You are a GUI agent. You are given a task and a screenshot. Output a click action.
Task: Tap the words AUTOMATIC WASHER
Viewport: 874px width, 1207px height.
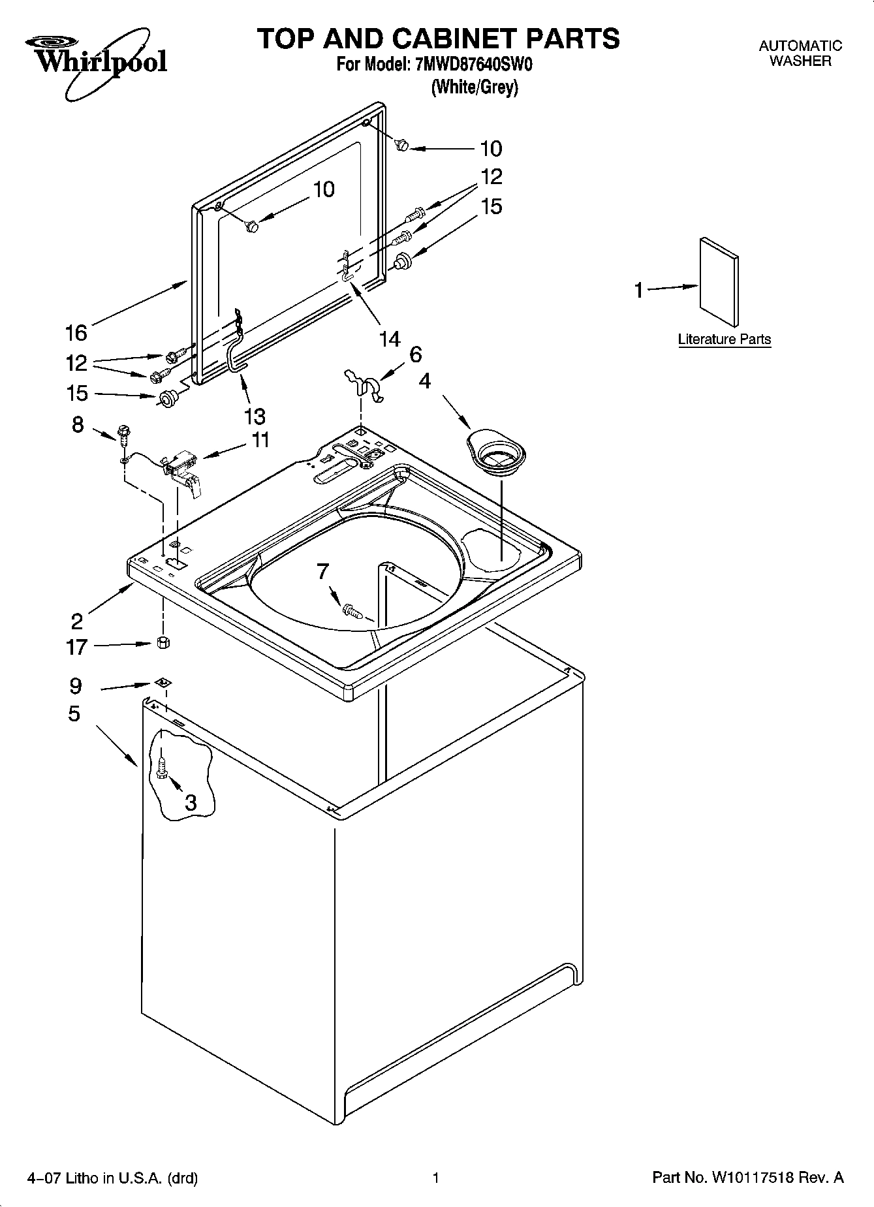pos(800,54)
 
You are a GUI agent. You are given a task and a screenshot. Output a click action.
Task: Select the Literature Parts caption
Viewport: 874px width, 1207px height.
pos(724,339)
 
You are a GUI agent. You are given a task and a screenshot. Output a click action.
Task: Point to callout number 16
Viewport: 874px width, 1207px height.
pos(76,333)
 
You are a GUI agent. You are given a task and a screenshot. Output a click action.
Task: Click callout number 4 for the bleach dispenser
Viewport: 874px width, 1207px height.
pos(425,381)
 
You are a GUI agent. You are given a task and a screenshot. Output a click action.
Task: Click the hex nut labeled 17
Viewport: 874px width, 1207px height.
pos(163,643)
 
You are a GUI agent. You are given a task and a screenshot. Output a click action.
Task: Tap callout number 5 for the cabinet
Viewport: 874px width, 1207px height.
pos(74,713)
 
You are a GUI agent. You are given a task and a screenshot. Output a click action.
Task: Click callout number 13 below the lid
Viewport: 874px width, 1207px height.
pos(255,415)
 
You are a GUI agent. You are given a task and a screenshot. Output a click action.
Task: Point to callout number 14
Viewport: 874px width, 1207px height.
pos(390,339)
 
